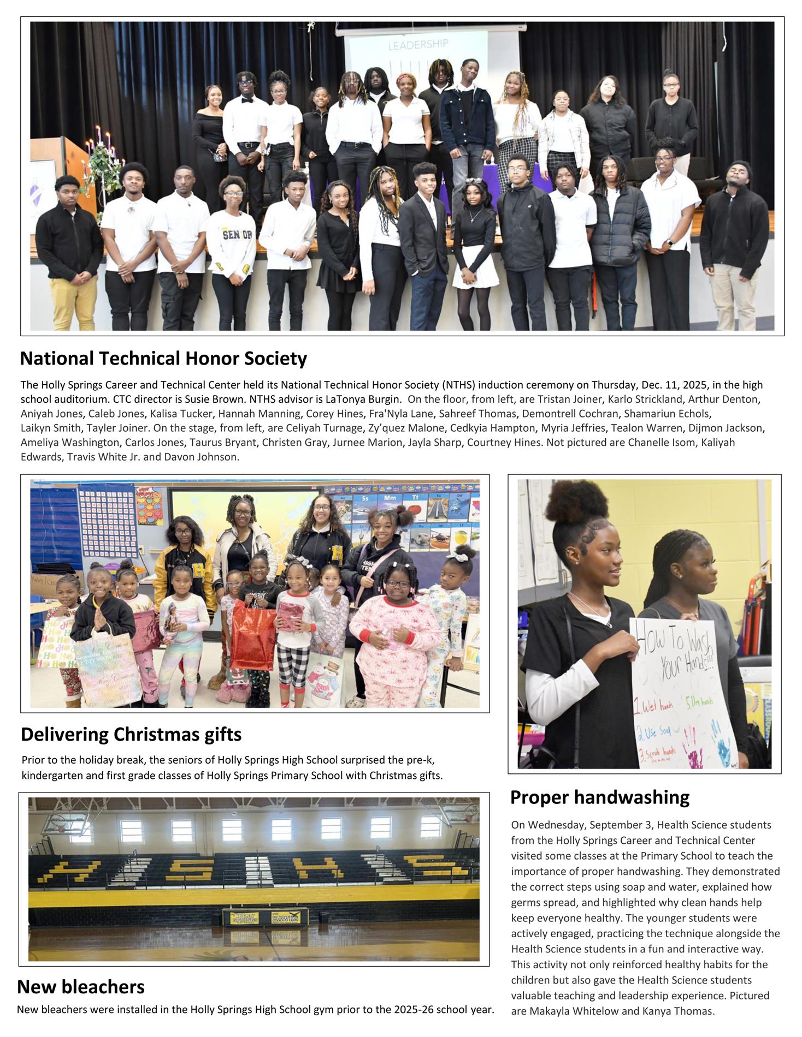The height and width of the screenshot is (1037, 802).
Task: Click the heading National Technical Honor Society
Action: point(163,359)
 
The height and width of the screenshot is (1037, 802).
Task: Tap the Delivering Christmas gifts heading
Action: point(131,735)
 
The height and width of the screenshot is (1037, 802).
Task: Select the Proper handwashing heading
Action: point(599,797)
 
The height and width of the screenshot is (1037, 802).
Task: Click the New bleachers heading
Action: point(81,987)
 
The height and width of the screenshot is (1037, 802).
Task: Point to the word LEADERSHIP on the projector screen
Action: point(418,45)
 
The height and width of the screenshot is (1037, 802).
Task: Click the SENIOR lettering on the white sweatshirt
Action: point(237,235)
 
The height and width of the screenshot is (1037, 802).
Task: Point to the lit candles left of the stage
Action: point(100,140)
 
